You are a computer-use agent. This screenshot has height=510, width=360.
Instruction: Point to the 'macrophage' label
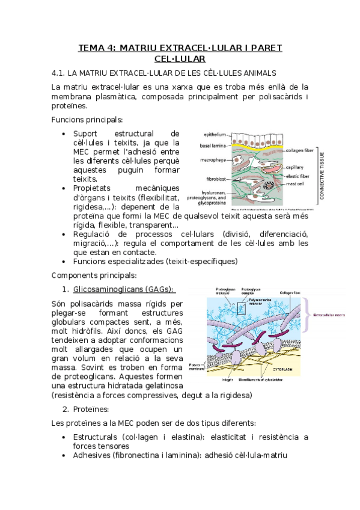(213, 161)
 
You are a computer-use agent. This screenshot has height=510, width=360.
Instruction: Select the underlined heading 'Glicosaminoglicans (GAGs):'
(123, 289)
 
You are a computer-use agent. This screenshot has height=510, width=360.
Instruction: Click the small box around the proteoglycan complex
(241, 309)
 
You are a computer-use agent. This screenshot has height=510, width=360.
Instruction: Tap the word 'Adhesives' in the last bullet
(91, 455)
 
